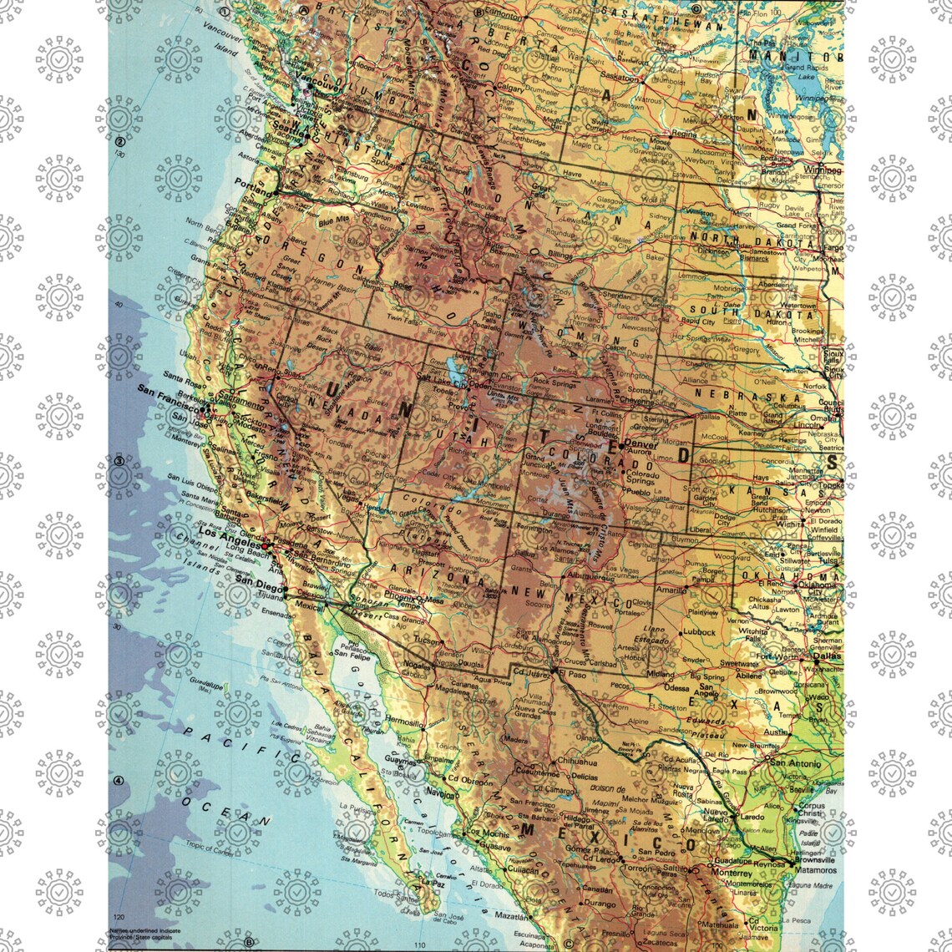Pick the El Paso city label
point(574,673)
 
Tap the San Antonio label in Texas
point(794,762)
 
